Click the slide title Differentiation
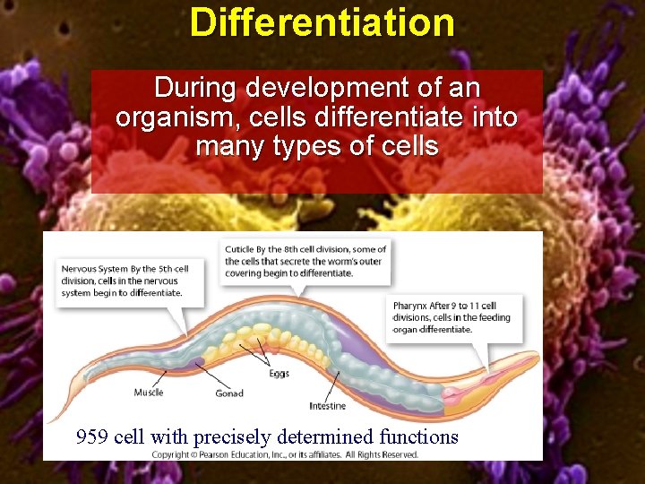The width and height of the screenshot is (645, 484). point(322,22)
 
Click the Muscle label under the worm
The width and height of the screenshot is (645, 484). point(149,393)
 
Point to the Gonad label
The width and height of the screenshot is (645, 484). point(229,393)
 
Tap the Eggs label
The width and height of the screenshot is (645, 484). point(279,373)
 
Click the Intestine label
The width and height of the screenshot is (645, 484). point(327,406)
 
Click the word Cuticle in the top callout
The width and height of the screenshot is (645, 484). point(239,249)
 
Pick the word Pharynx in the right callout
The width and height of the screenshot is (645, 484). point(408,306)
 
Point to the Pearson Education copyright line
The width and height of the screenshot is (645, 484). point(284,454)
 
